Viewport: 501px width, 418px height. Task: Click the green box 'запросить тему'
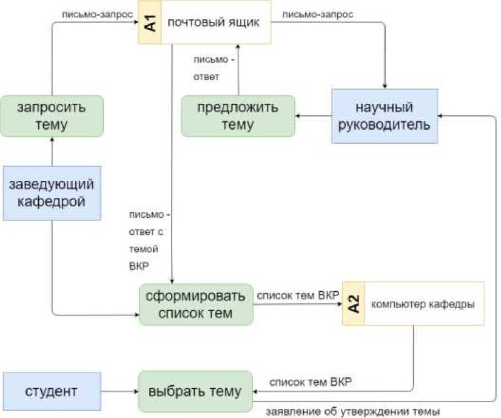tap(52, 116)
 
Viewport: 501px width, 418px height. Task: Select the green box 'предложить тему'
tap(238, 116)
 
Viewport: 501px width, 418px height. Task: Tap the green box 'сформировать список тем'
tap(195, 305)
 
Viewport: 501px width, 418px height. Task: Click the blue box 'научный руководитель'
tap(384, 116)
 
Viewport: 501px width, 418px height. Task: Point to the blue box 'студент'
tap(51, 391)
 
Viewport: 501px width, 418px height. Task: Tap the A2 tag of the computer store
tap(354, 303)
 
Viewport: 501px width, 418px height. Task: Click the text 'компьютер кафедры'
tap(422, 304)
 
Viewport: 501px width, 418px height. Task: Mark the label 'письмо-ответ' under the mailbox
tap(210, 69)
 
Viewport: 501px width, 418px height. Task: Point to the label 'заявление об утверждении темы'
tap(352, 411)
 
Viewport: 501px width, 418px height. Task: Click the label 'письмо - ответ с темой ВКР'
tap(147, 240)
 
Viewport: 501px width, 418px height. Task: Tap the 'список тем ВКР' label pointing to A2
tap(297, 296)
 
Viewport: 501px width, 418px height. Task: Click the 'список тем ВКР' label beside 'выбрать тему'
tap(310, 383)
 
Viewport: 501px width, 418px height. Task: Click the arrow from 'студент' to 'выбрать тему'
tap(119, 392)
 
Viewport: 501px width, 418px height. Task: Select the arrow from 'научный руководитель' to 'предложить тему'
tap(313, 116)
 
